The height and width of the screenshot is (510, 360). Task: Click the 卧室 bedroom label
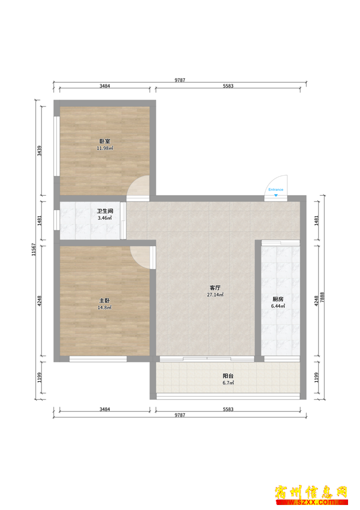[x=104, y=141]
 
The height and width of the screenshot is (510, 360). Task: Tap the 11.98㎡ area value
[x=104, y=148]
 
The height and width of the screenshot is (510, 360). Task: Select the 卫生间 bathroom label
[x=105, y=211]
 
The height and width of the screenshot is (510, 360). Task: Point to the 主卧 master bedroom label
[x=104, y=300]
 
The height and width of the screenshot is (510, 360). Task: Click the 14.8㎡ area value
[x=104, y=307]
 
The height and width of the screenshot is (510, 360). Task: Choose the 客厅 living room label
[x=215, y=288]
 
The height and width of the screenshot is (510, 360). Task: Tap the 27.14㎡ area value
[x=215, y=295]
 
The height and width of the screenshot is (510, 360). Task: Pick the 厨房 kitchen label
[x=278, y=299]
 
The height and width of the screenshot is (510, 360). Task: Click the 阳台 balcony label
[x=228, y=376]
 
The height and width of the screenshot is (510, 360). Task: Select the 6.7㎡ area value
[x=228, y=383]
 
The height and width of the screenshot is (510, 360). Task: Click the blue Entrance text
[x=276, y=190]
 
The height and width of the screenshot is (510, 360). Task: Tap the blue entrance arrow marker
[x=276, y=195]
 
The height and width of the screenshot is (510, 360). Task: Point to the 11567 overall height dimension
[x=33, y=249]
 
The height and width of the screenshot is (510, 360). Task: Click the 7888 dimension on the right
[x=322, y=297]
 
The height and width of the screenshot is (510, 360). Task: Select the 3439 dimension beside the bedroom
[x=39, y=151]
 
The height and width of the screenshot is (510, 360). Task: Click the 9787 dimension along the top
[x=180, y=80]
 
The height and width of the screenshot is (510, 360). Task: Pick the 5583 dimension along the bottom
[x=228, y=409]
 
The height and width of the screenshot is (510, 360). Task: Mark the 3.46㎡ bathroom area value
[x=104, y=218]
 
